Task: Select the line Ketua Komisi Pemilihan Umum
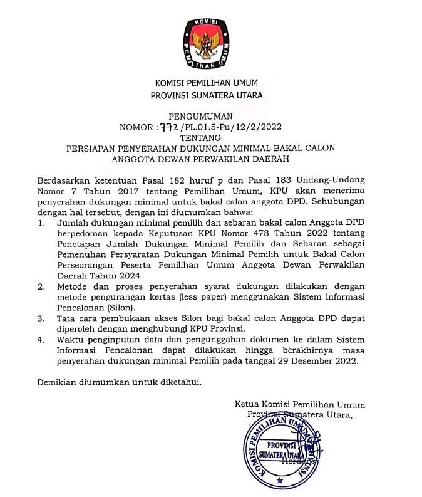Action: click(300, 404)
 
